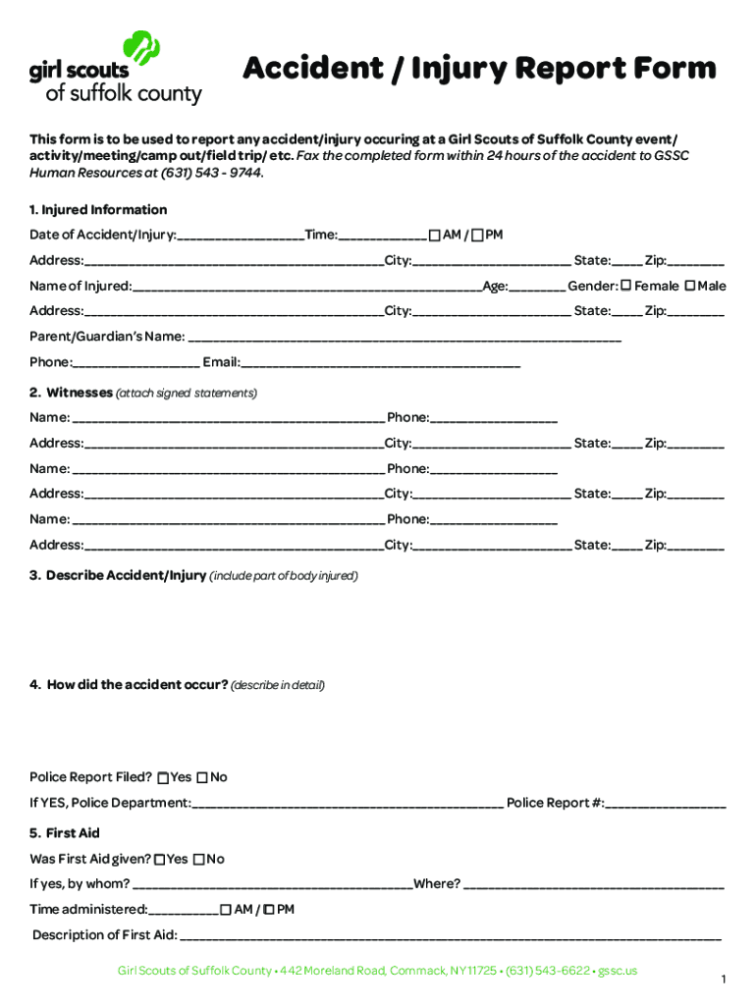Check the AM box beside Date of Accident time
tap(434, 236)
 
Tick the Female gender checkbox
tap(625, 286)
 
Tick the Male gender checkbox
tap(689, 286)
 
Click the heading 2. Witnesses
tap(71, 393)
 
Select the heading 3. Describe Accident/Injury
tap(118, 575)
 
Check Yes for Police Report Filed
tap(162, 778)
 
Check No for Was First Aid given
tap(198, 860)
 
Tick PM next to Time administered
tap(270, 910)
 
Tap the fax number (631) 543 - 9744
tap(223, 173)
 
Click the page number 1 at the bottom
tap(723, 979)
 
